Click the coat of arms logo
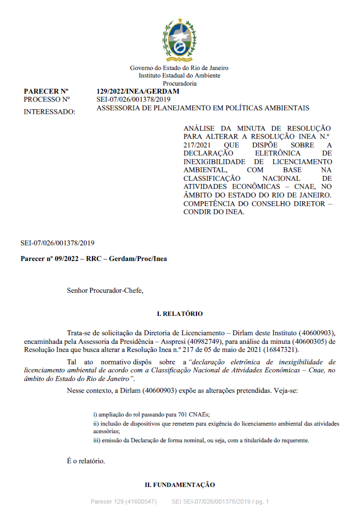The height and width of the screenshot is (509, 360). coord(179,40)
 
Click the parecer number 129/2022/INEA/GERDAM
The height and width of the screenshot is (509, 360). coord(138,91)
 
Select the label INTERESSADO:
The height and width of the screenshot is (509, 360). coord(50,111)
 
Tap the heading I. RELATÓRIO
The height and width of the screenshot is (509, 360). coord(179,313)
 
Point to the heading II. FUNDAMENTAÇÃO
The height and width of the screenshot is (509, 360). coord(179,485)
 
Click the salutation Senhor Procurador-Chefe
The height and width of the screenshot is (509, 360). coord(105,291)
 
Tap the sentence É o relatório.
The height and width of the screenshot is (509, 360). coord(86,461)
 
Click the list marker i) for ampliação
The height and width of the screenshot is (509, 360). coord(95,414)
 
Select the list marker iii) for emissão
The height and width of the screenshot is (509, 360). coord(97,440)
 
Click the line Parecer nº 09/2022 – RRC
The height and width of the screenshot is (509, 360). coord(94,258)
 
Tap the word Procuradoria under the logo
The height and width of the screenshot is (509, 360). coord(179,83)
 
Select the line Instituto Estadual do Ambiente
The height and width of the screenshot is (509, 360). coord(179,76)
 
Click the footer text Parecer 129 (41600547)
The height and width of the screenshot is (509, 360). coord(123,501)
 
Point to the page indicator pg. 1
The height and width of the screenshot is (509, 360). coord(260,501)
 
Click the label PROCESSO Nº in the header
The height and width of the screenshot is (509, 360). coord(47,100)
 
